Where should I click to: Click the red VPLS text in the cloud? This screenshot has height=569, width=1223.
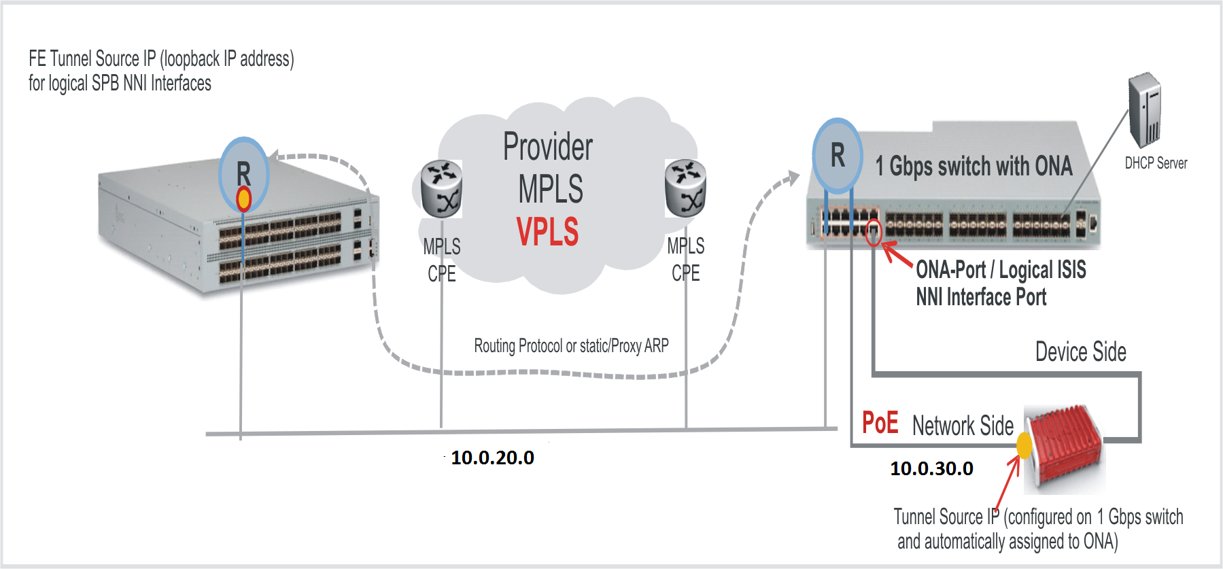[547, 232]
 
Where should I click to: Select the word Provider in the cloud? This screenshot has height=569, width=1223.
[548, 147]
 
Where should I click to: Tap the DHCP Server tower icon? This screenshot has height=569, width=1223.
[1145, 110]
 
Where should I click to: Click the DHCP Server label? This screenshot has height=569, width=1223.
[1156, 163]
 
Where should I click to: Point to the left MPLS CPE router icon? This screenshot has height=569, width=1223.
[441, 189]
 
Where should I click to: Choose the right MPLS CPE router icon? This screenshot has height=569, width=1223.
[685, 188]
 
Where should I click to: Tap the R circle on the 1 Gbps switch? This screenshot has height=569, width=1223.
[838, 155]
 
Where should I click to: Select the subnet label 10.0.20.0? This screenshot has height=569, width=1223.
[492, 458]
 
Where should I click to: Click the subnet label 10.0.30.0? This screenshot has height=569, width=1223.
[931, 468]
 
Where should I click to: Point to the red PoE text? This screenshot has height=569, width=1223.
[880, 423]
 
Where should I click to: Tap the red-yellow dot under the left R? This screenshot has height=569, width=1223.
[243, 199]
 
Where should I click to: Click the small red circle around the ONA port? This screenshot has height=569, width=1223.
[874, 232]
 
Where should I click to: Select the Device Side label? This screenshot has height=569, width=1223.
[1080, 352]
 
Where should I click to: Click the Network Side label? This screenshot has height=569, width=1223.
[963, 426]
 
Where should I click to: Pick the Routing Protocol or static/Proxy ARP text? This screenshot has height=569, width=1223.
[571, 346]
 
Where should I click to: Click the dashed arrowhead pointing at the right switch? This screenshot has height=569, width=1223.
[792, 178]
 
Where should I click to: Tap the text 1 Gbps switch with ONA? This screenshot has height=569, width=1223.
[974, 166]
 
